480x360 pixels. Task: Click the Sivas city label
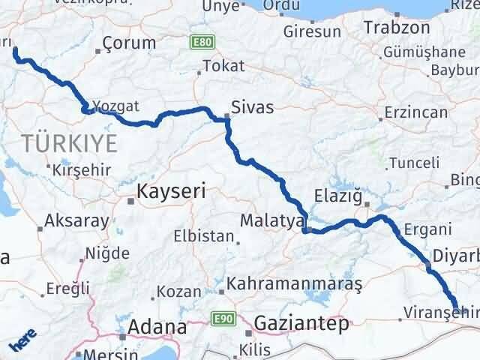pos(252,107)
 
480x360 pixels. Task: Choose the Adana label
pos(157,327)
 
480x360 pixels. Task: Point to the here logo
pos(22,343)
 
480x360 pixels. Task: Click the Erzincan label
pos(415,112)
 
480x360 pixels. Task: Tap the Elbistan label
pos(204,235)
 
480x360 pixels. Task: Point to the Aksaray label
pos(76,221)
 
